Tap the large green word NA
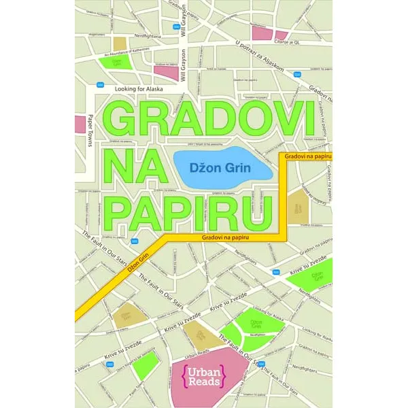[135, 166]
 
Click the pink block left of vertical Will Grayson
[165, 70]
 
